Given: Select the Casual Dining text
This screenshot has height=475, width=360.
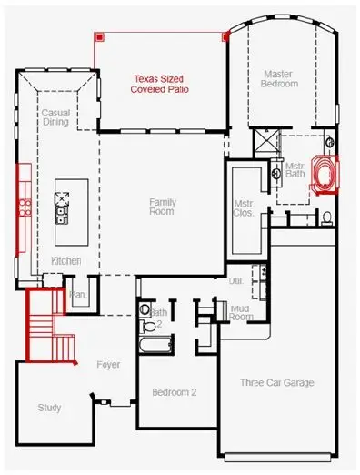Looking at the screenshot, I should point(55,116).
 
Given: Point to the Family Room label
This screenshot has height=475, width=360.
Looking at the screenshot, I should point(162,207).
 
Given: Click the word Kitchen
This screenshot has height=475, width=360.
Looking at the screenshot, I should point(66,261).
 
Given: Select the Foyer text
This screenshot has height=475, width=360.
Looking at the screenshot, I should point(108,364).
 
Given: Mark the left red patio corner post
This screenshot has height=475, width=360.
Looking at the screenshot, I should point(100,36).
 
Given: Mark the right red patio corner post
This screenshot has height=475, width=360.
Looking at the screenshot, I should point(225,36).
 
